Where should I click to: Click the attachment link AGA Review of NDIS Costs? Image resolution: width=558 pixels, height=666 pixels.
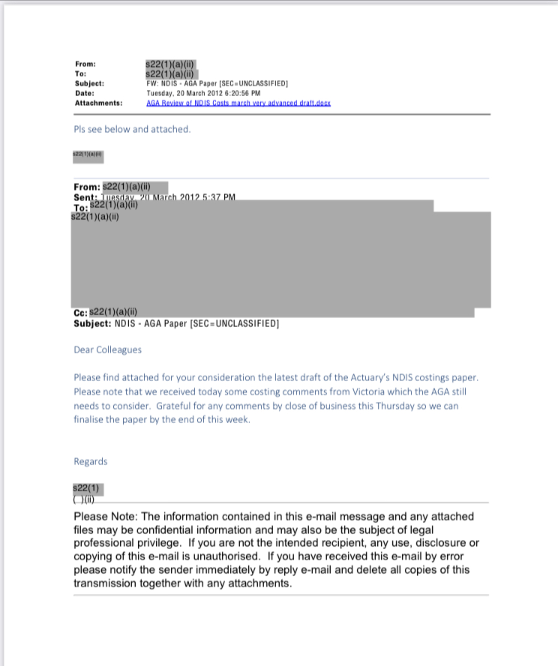click(238, 103)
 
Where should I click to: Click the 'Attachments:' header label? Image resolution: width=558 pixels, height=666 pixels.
click(98, 103)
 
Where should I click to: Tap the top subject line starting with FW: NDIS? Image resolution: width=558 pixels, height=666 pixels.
click(217, 83)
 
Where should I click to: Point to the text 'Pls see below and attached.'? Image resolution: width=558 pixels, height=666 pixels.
click(132, 130)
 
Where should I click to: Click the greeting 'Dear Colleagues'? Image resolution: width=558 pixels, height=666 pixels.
click(107, 349)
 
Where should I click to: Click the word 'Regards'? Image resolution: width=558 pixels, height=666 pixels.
click(91, 461)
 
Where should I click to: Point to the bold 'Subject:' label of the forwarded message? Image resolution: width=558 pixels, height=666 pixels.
click(93, 323)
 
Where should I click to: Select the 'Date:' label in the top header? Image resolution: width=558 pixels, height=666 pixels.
click(85, 93)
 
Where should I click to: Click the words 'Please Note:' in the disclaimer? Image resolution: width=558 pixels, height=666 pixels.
click(106, 517)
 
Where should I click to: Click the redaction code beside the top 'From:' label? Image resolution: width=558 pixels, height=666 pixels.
click(170, 64)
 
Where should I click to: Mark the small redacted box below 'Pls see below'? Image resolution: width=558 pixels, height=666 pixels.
click(88, 156)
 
